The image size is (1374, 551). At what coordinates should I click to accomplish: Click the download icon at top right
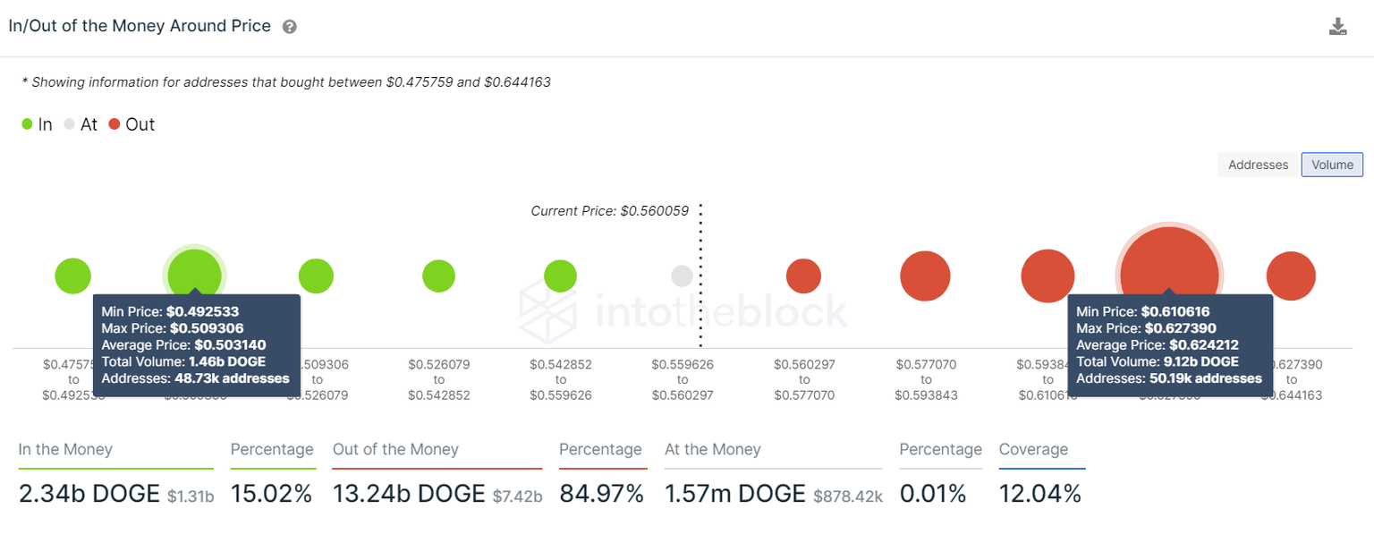(x=1337, y=27)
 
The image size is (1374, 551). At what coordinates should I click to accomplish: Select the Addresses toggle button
(x=1258, y=165)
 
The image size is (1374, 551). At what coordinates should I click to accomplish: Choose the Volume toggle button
(x=1332, y=165)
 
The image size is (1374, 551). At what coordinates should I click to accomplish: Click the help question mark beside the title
(x=289, y=27)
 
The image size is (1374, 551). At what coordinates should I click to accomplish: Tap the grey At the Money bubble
(x=682, y=275)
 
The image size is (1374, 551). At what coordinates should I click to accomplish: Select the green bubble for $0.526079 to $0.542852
(x=438, y=275)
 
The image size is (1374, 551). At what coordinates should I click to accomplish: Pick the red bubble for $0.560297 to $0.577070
(x=803, y=275)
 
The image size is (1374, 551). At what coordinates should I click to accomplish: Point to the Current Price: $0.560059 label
(x=609, y=211)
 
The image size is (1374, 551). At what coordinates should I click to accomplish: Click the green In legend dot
(x=28, y=125)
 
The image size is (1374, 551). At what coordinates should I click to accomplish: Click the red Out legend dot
(x=114, y=125)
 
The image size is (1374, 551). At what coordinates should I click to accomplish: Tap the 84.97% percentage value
(x=601, y=494)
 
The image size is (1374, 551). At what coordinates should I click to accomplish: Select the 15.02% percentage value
(x=272, y=494)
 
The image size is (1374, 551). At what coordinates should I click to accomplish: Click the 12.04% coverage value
(x=1039, y=494)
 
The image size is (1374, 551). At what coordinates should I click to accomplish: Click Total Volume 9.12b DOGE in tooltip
(x=1157, y=361)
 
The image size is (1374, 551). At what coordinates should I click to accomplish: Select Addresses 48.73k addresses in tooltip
(x=195, y=378)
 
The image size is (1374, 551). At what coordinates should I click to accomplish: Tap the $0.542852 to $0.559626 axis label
(x=560, y=379)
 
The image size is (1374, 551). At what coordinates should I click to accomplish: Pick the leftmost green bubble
(x=73, y=275)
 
